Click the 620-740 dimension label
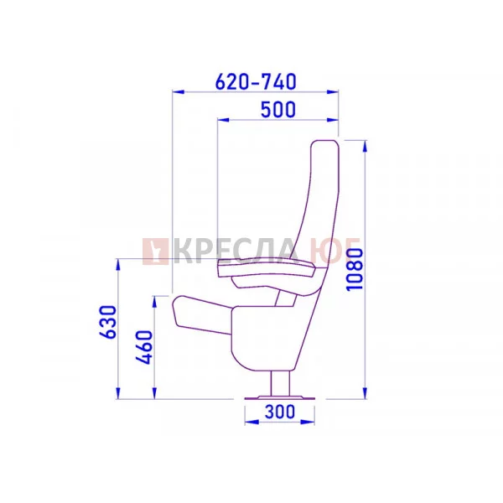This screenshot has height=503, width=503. pyautogui.click(x=256, y=81)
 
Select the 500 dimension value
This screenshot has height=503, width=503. pyautogui.click(x=278, y=109)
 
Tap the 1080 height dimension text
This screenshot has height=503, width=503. pyautogui.click(x=355, y=269)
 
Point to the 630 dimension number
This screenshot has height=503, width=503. pyautogui.click(x=107, y=322)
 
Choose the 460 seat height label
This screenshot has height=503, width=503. pyautogui.click(x=143, y=347)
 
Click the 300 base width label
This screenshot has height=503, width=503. pyautogui.click(x=280, y=412)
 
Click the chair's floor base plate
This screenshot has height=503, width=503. pyautogui.click(x=280, y=398)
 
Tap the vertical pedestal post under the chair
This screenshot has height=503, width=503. pyautogui.click(x=280, y=383)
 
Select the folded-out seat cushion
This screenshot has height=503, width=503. pyautogui.click(x=202, y=315)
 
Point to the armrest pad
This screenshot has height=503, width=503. pyautogui.click(x=267, y=269)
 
